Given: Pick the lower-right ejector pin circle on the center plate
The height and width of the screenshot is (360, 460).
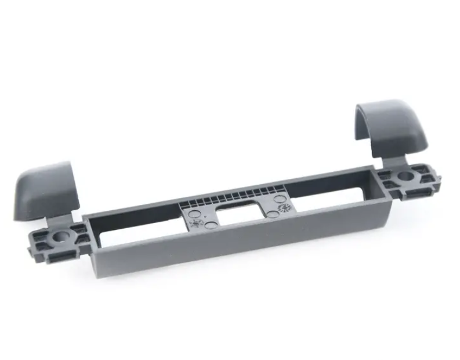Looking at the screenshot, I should tap(272, 214).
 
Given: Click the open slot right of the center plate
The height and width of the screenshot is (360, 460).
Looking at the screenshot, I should tap(331, 195).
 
